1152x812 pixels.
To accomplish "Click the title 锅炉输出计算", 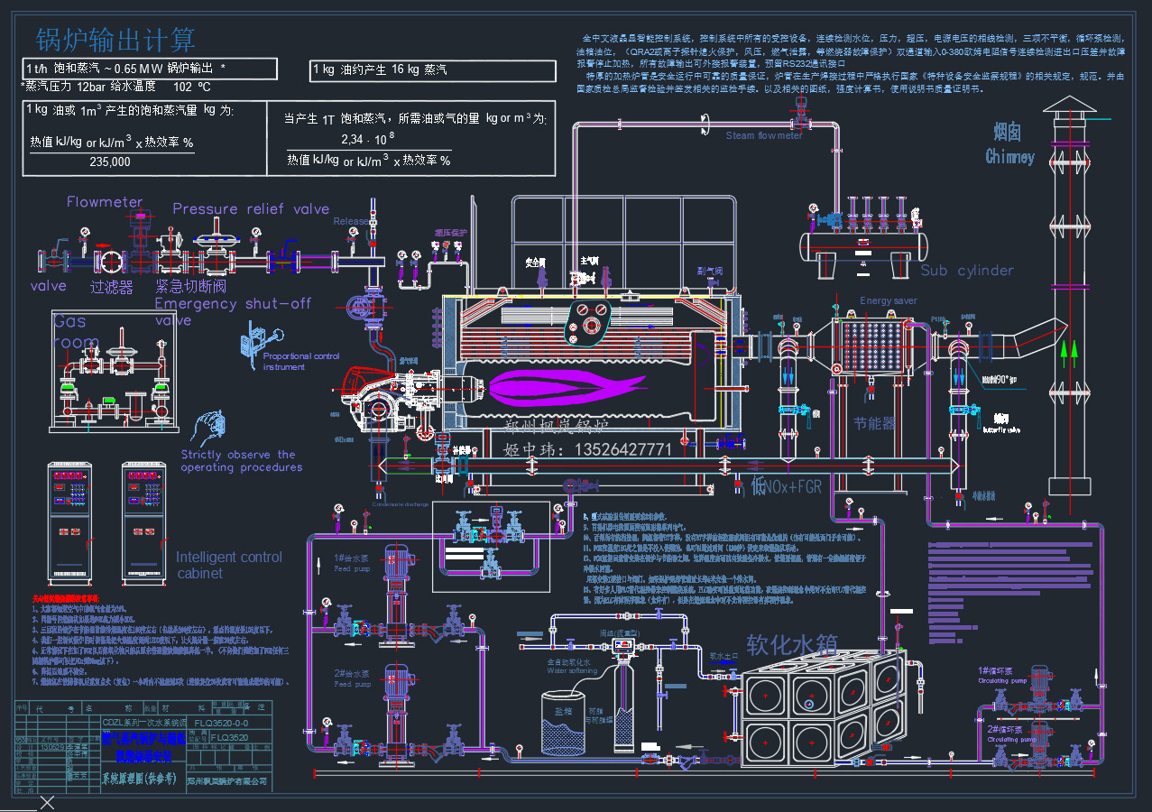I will (115, 40).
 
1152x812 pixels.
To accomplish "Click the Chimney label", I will (1009, 157).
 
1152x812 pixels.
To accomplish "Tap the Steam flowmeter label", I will (764, 136).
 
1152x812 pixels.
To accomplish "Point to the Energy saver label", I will (888, 300).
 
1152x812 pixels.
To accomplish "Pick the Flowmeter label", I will (105, 202).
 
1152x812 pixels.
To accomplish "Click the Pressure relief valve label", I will (251, 208).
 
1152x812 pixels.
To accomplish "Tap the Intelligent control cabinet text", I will (229, 565).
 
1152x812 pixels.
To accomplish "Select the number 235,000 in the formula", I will (110, 162).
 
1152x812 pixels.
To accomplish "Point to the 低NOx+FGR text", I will (786, 487).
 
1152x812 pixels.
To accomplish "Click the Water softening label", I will (571, 670).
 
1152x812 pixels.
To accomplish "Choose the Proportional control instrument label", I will (301, 362).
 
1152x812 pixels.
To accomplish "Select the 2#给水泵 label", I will (352, 673).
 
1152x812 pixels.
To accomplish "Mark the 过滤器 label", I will (111, 287).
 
